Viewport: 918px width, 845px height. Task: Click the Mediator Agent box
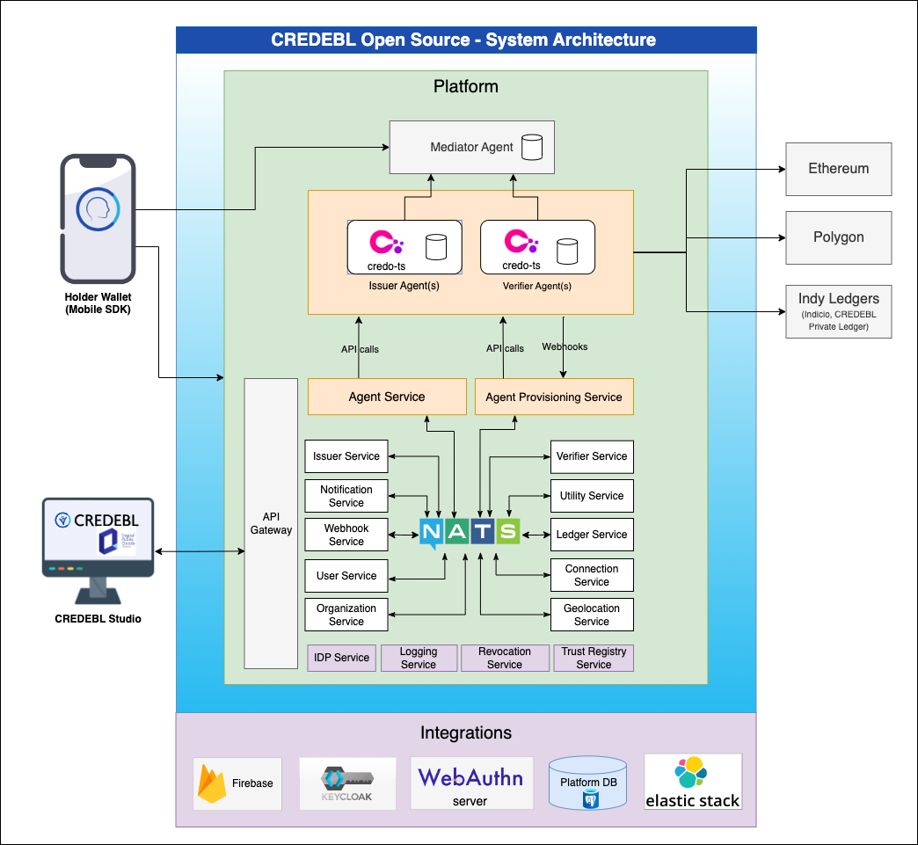472,147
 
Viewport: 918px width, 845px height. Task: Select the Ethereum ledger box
838,169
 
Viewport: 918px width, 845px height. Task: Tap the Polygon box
838,237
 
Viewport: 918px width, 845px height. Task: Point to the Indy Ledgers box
838,311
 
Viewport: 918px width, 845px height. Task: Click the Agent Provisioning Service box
554,397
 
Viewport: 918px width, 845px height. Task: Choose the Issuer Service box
346,456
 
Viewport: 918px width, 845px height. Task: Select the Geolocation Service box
592,615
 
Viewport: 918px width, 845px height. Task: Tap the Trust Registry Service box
594,658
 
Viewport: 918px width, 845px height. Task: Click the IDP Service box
342,658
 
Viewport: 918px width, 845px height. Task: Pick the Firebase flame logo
213,783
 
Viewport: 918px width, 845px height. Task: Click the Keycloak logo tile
347,783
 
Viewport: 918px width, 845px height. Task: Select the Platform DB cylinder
587,783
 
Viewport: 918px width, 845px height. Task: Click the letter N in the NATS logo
431,532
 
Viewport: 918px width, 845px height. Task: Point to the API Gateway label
271,523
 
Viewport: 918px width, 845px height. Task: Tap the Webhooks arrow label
565,346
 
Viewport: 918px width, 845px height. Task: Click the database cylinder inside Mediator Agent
532,147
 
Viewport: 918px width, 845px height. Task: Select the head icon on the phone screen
98,208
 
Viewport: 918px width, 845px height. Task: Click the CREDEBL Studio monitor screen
98,538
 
